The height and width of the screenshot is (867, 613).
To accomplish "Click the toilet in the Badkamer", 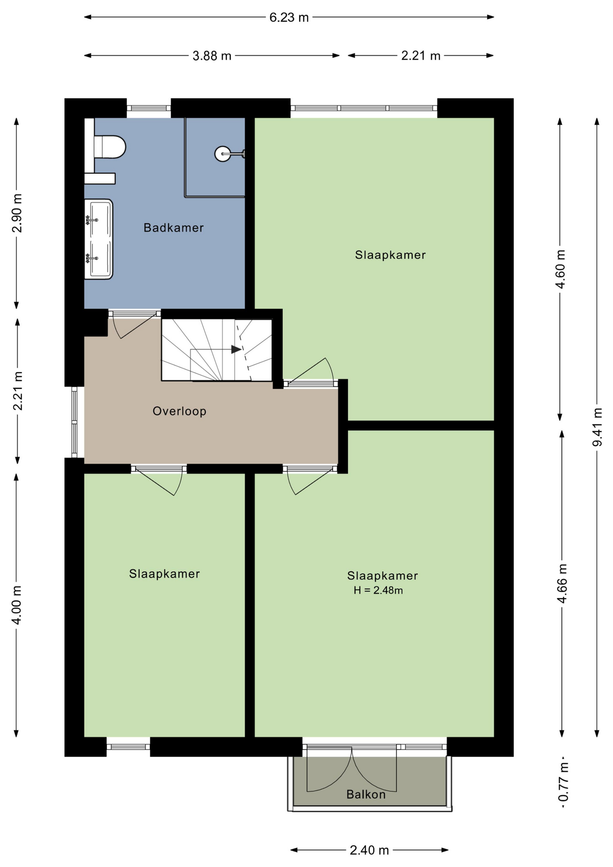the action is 109,147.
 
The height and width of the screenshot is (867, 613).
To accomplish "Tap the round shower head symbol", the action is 223,154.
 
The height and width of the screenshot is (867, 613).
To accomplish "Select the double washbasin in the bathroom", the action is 98,239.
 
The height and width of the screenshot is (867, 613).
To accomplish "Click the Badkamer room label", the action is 174,228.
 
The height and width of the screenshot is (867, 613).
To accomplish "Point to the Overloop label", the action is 180,411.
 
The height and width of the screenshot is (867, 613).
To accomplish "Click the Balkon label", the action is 366,794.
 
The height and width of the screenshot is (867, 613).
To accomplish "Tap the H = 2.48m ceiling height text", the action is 378,590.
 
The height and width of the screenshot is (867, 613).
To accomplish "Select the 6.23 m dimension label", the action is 289,17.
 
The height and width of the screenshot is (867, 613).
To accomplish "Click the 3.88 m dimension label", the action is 212,56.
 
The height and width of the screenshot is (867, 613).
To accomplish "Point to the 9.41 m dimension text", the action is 597,427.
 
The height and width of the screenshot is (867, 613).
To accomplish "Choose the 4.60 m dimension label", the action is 560,269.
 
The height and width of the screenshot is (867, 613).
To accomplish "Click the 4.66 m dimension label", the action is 562,583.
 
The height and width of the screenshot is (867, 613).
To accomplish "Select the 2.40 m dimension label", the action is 369,850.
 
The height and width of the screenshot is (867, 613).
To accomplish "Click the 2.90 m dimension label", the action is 17,213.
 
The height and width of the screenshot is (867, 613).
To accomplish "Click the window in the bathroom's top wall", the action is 149,108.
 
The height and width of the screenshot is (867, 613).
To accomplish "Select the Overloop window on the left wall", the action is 75,422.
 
